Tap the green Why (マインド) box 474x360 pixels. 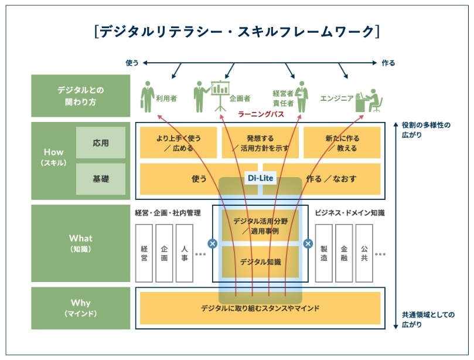tap(81, 308)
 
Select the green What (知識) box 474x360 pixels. tap(81, 243)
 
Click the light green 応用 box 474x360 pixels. tap(101, 143)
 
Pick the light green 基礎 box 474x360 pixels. tap(101, 179)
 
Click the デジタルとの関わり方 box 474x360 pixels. tap(81, 96)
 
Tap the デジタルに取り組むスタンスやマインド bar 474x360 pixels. tap(260, 308)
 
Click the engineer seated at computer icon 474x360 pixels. tap(369, 100)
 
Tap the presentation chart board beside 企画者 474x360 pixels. tap(220, 91)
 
